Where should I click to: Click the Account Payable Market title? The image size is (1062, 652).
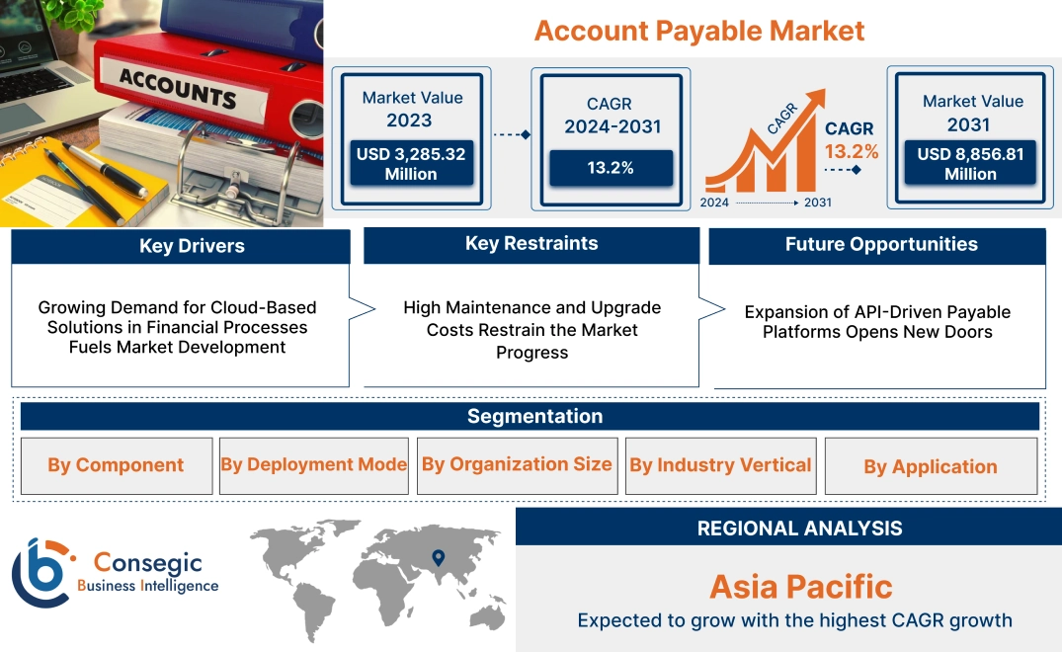698,31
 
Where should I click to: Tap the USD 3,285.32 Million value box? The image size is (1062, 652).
410,164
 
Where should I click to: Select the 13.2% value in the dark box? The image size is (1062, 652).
611,168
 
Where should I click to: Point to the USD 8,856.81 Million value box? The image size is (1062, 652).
970,164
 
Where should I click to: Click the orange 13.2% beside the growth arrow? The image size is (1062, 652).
852,152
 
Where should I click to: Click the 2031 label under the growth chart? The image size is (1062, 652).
817,203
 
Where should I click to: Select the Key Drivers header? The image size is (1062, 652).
179,246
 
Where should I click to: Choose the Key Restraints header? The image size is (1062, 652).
531,244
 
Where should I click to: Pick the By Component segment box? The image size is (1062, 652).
116,465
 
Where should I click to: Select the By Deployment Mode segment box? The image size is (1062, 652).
313,464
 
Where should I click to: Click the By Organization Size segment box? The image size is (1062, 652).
517,464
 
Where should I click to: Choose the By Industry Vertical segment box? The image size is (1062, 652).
720,464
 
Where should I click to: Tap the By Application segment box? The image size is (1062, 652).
930,466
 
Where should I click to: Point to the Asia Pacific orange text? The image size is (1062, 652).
800,587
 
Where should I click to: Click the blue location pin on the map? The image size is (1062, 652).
439,558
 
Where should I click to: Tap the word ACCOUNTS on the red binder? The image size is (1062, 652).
178,89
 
